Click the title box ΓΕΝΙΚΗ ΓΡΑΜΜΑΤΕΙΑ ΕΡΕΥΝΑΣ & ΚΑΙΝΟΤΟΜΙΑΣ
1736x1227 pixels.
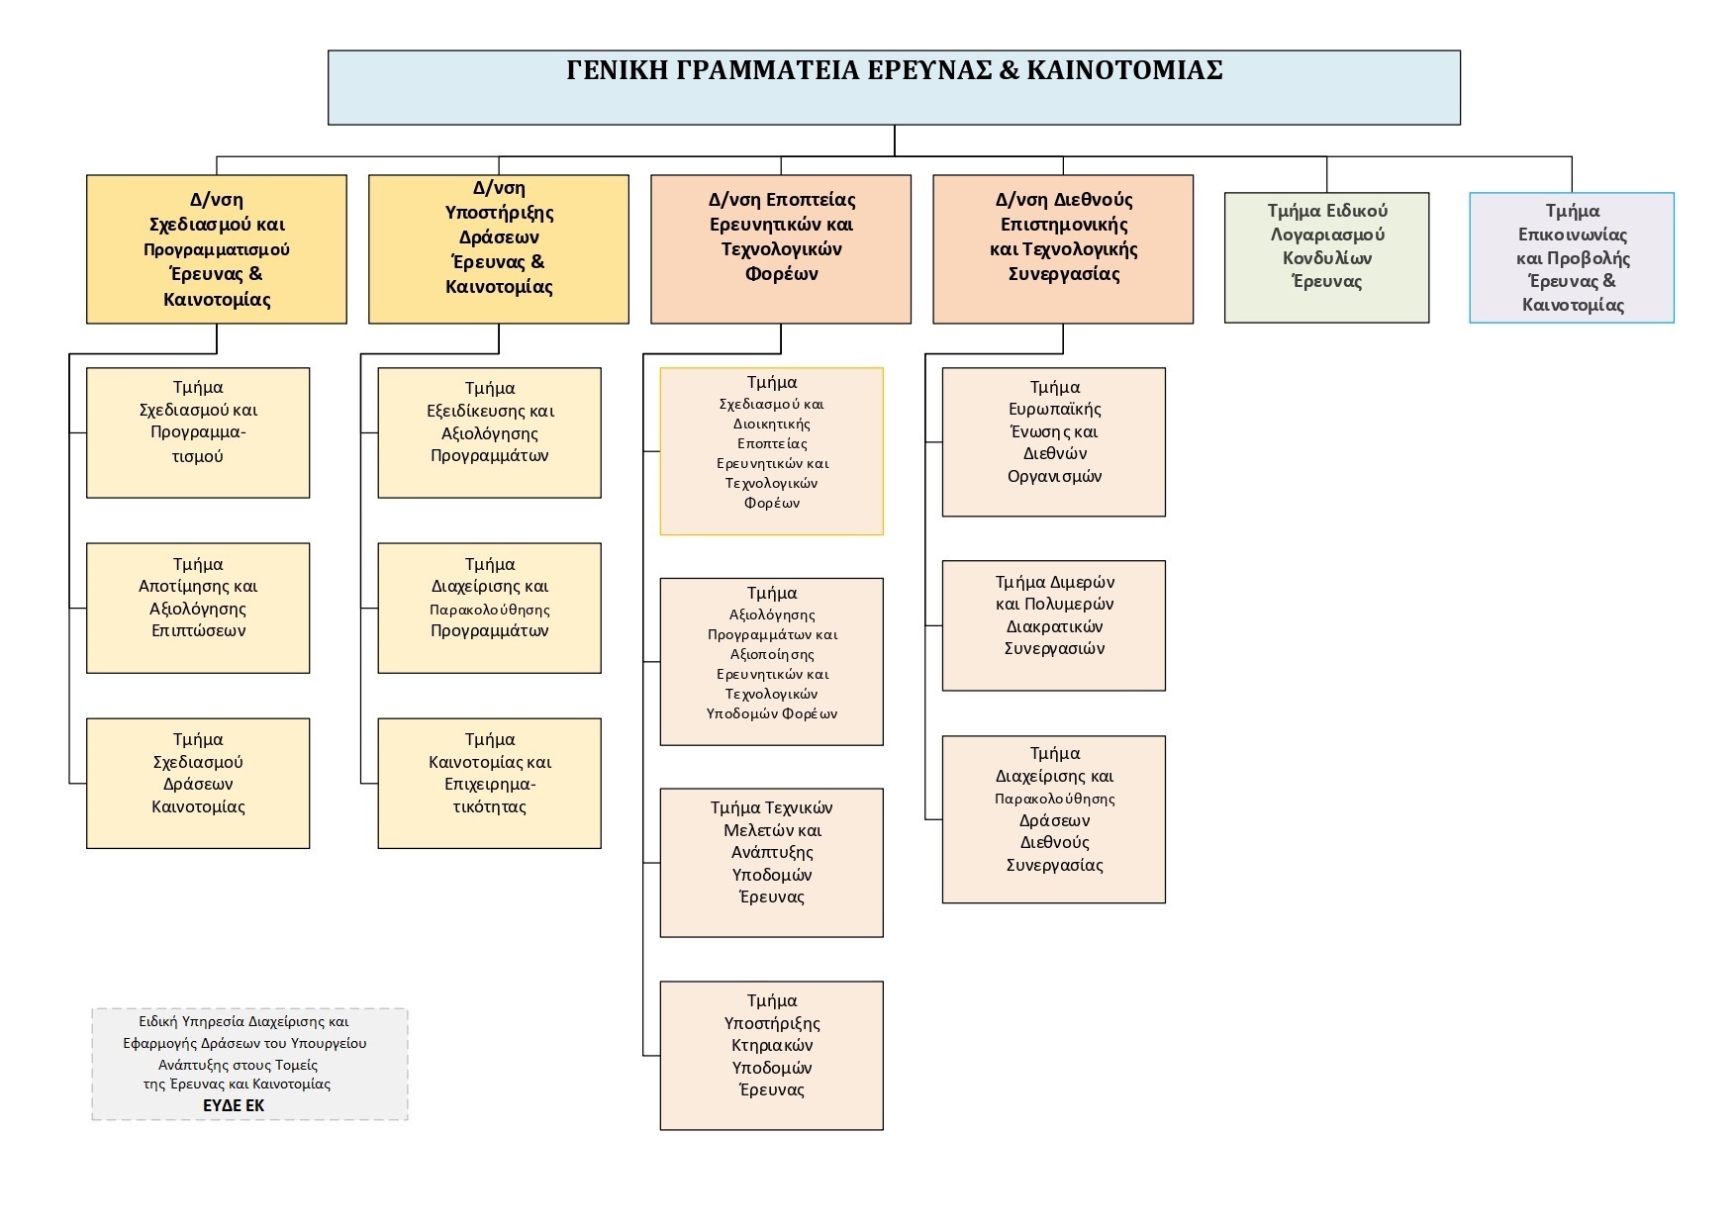pyautogui.click(x=893, y=87)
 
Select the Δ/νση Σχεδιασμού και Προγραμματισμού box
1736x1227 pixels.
pyautogui.click(x=216, y=249)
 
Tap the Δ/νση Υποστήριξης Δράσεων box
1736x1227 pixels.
pyautogui.click(x=498, y=249)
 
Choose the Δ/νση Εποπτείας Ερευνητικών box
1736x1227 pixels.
pyautogui.click(x=780, y=249)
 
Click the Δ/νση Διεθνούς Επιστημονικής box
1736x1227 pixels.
pyautogui.click(x=1062, y=249)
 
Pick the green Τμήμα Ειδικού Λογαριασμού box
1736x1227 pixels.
pyautogui.click(x=1326, y=257)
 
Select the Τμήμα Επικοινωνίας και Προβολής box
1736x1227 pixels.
pyautogui.click(x=1571, y=257)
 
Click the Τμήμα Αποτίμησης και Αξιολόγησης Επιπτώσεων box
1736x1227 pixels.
pyautogui.click(x=198, y=608)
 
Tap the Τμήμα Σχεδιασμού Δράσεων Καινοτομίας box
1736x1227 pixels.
pyautogui.click(x=198, y=783)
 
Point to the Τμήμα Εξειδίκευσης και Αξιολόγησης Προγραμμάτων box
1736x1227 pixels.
pyautogui.click(x=489, y=432)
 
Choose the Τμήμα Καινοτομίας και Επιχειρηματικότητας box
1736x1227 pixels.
pyautogui.click(x=489, y=783)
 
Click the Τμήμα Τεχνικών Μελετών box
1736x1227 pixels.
pyautogui.click(x=771, y=862)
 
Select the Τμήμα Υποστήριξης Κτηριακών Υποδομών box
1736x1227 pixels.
pyautogui.click(x=771, y=1055)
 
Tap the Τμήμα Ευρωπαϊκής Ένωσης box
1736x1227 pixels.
pyautogui.click(x=1053, y=441)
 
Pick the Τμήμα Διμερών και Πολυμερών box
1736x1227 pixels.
pyautogui.click(x=1053, y=625)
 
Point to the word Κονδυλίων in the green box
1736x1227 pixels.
pyautogui.click(x=1326, y=258)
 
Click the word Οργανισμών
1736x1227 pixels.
pyautogui.click(x=1054, y=476)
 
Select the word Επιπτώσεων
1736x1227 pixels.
pyautogui.click(x=198, y=630)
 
